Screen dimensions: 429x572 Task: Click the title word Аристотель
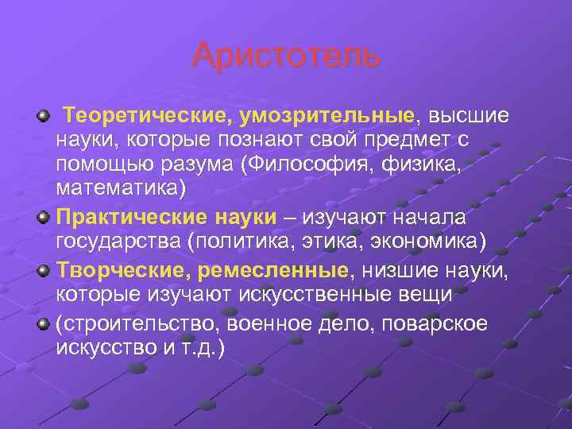click(x=286, y=56)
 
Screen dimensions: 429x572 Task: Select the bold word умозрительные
click(x=326, y=117)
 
